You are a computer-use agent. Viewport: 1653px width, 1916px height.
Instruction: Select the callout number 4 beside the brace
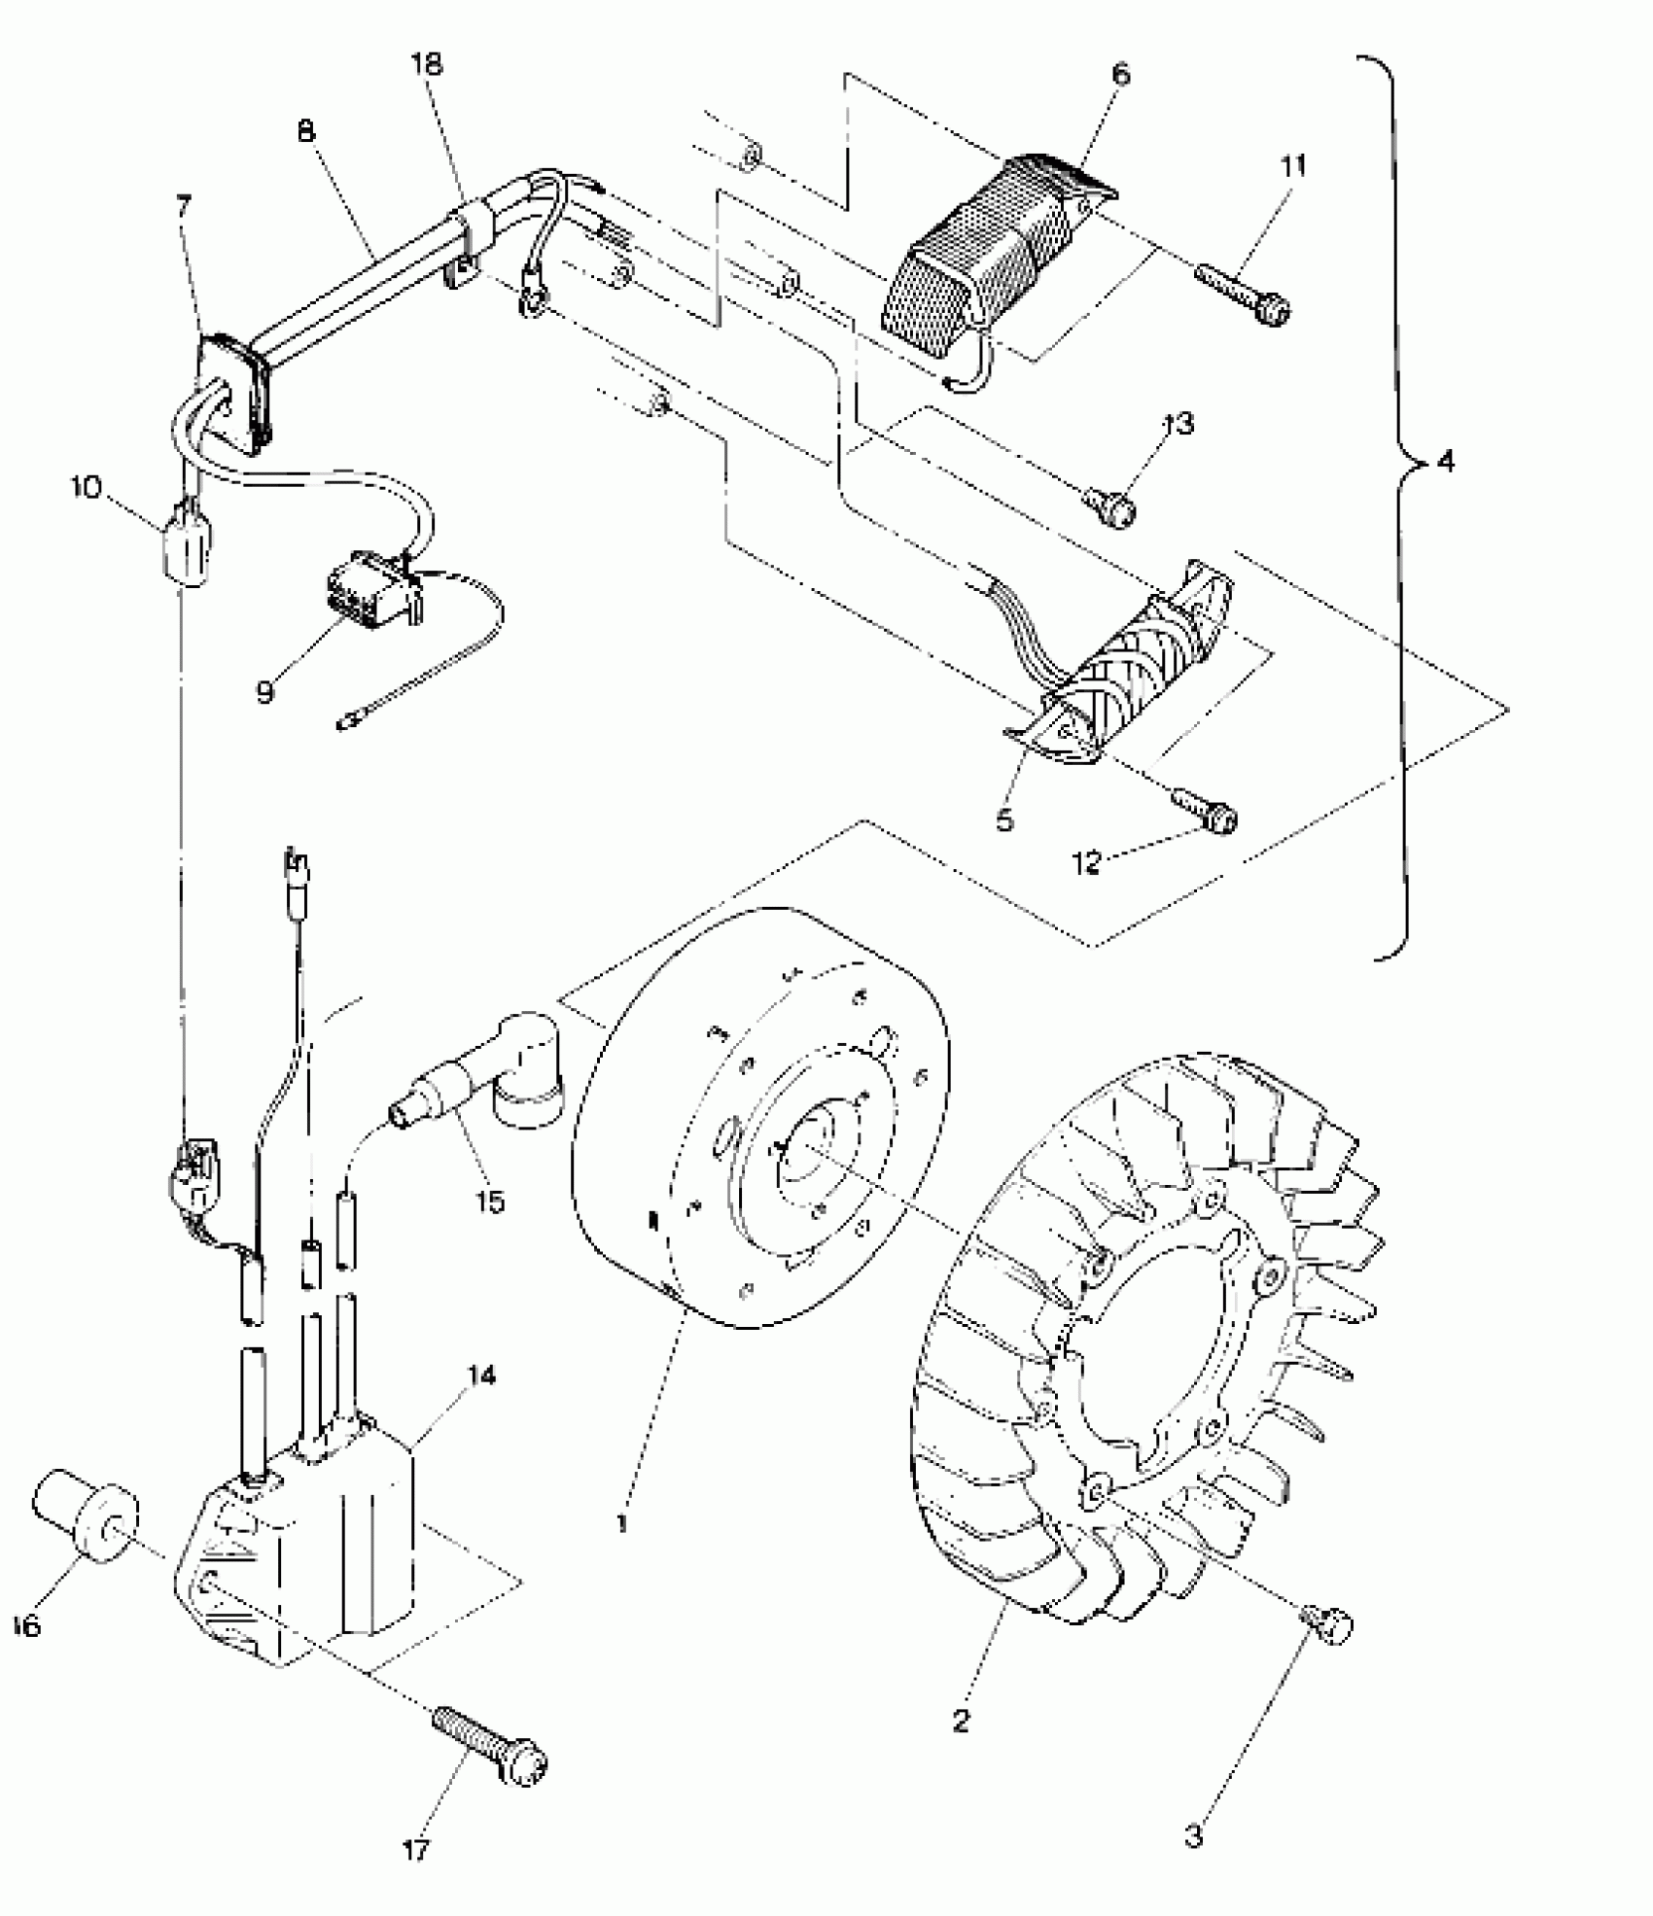1445,462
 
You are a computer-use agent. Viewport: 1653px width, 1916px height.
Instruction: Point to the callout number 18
426,64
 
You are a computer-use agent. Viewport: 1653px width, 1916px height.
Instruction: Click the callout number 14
480,1376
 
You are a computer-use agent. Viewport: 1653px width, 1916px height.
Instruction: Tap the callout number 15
490,1202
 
